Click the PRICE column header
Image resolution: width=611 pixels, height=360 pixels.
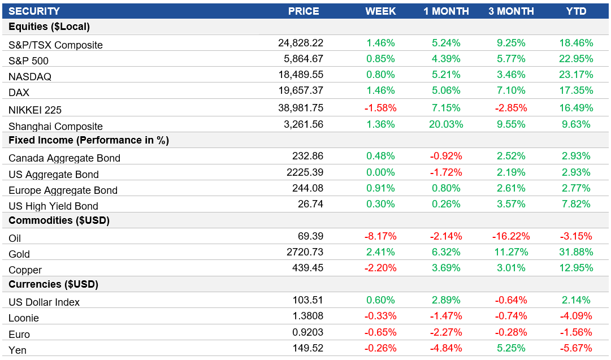point(304,11)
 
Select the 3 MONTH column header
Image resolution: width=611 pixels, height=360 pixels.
point(511,11)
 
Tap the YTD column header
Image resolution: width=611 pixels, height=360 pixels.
point(576,11)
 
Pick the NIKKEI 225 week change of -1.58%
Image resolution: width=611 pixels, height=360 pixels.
point(380,108)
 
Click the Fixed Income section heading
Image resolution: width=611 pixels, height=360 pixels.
point(89,140)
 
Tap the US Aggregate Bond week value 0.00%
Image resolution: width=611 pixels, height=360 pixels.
point(380,172)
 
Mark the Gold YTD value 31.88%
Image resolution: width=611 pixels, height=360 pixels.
point(576,251)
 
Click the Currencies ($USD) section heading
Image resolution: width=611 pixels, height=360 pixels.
point(54,284)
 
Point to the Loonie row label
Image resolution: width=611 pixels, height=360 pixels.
point(24,318)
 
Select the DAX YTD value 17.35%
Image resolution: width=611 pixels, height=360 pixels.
point(576,90)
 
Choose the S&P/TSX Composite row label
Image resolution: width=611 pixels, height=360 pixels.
point(56,45)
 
